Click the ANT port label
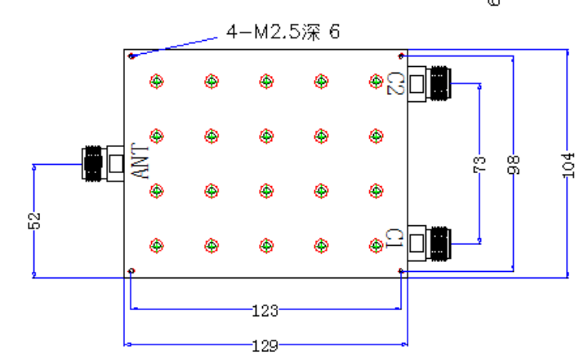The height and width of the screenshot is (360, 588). click(x=140, y=161)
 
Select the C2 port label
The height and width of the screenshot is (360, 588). click(x=395, y=83)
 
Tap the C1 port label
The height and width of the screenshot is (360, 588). click(x=394, y=238)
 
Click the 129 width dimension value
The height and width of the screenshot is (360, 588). click(x=265, y=345)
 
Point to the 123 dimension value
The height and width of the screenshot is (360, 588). click(x=265, y=310)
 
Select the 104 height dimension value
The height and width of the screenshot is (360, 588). click(x=568, y=166)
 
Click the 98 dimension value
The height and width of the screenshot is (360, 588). click(x=514, y=165)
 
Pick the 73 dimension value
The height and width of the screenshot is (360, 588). click(x=479, y=164)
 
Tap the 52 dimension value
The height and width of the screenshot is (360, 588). click(x=33, y=220)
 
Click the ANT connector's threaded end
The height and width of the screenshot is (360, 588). click(x=92, y=164)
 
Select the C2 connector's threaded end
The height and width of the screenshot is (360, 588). click(x=441, y=83)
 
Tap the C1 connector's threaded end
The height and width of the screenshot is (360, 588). click(x=441, y=244)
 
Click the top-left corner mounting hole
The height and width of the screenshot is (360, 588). click(x=131, y=56)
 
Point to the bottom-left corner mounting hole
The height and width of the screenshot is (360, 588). click(x=131, y=271)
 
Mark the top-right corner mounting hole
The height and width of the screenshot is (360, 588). click(x=401, y=56)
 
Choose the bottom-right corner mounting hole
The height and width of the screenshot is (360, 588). click(x=401, y=271)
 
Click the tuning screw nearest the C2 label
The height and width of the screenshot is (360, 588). click(x=376, y=82)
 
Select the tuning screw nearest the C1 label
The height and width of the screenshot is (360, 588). click(x=376, y=246)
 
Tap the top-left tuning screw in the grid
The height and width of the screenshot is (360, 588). click(x=157, y=82)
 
